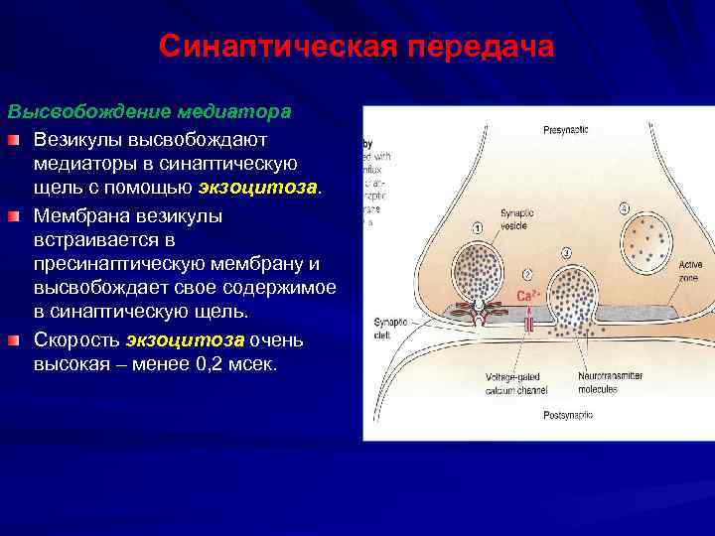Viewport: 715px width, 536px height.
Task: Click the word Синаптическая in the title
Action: point(270,48)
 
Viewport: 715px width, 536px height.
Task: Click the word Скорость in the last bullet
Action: point(75,340)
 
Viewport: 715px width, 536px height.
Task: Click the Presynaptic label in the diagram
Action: point(567,131)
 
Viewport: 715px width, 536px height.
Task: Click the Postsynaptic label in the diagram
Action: point(567,413)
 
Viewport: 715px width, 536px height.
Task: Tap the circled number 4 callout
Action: point(624,208)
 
